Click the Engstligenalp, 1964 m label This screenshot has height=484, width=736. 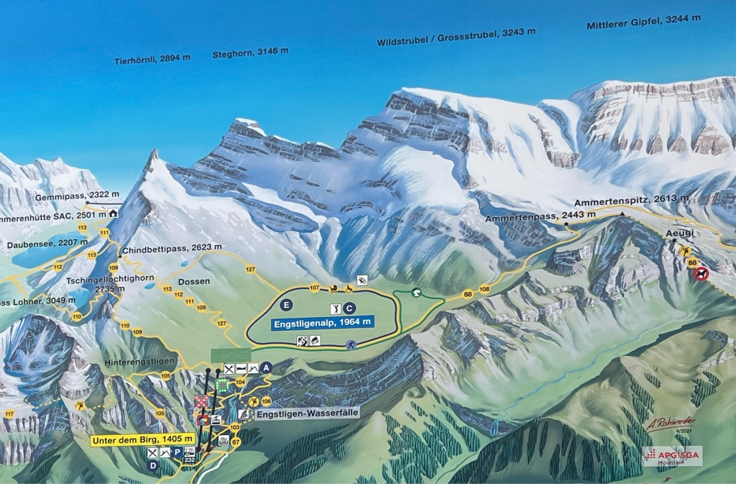tap(322, 324)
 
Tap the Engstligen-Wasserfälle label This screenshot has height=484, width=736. tap(307, 413)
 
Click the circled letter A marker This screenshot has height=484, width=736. tap(267, 367)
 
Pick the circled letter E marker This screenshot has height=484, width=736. tap(287, 304)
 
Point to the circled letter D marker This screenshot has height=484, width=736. tap(152, 465)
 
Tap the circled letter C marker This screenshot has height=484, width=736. tap(349, 309)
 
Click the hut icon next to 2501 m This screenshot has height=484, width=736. tap(113, 213)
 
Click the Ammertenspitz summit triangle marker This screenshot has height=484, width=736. tap(621, 214)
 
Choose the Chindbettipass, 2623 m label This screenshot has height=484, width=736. tap(162, 247)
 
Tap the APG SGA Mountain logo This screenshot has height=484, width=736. tap(671, 456)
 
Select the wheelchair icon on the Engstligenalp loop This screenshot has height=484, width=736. tap(349, 289)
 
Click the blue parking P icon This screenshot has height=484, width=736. tap(177, 452)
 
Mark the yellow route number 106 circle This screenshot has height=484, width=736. tap(266, 401)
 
